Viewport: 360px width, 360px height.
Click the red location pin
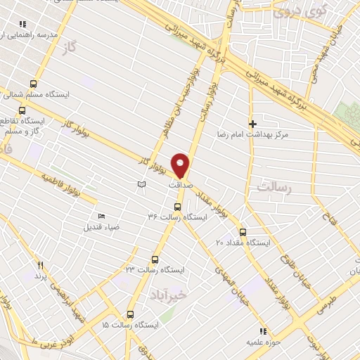181,165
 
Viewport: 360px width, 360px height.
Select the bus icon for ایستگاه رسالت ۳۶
176,207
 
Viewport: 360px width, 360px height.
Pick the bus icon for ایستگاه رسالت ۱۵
130,314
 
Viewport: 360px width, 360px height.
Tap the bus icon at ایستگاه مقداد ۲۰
243,232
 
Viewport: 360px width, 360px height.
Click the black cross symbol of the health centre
252,124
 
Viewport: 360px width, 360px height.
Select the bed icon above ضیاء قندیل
101,216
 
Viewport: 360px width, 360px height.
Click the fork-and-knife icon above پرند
40,264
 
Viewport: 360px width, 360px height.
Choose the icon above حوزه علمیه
263,331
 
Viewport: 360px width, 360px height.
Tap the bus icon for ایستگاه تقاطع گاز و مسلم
22,110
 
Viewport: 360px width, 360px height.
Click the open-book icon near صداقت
141,184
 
